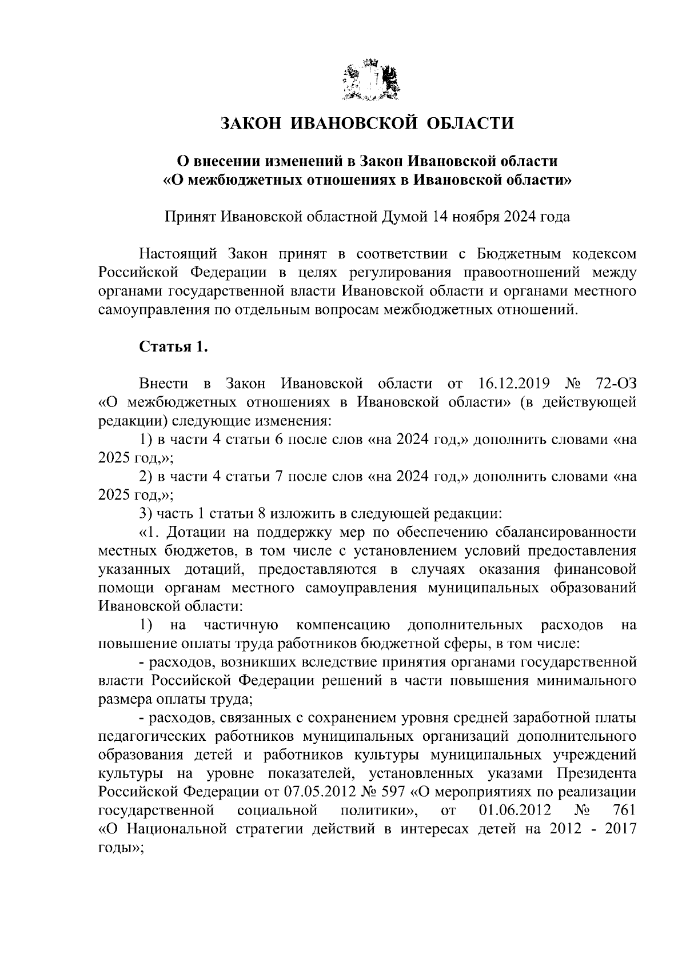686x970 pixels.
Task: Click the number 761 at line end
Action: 623,811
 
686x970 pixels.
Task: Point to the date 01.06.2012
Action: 513,811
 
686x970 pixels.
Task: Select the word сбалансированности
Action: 566,533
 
